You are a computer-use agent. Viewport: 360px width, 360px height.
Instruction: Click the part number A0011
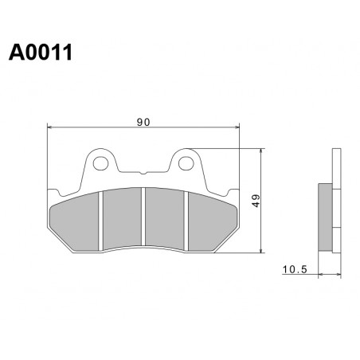coord(41,53)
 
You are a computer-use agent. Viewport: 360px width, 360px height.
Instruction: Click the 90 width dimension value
coord(143,122)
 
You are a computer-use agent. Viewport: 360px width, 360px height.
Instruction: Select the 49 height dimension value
coord(256,201)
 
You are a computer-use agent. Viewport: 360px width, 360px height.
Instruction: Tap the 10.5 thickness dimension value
coord(295,269)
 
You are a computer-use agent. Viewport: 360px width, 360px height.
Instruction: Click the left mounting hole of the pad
coord(100,163)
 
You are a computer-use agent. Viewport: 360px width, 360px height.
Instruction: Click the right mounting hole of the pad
coord(186,163)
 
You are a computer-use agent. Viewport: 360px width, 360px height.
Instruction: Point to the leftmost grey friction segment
coord(74,221)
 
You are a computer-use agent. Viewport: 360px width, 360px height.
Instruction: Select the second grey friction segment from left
coord(122,218)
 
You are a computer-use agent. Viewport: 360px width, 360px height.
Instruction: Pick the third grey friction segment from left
coord(165,218)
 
